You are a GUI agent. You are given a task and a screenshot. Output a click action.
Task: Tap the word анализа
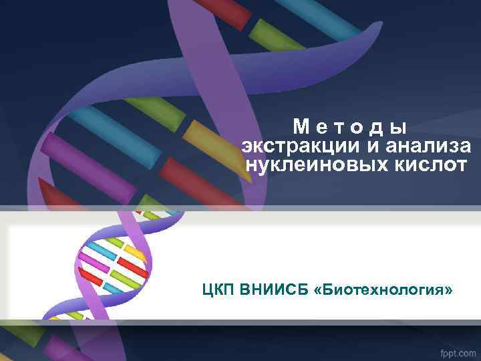click(x=427, y=146)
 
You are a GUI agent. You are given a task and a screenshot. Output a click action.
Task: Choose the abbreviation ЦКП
click(x=218, y=290)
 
